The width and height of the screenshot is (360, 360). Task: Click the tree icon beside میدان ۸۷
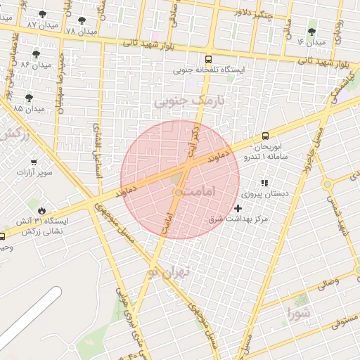[43, 14]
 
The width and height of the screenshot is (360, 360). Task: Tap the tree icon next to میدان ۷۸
[82, 21]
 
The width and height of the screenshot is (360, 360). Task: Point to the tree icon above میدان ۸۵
[29, 98]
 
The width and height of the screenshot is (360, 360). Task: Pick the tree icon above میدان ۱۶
[311, 32]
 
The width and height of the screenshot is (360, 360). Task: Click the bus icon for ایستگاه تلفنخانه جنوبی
[208, 59]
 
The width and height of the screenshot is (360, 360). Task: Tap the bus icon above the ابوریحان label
[265, 136]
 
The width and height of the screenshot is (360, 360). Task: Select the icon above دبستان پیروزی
[264, 183]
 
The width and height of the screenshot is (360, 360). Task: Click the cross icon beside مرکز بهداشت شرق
[238, 208]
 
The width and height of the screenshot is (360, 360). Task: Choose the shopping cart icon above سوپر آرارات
[33, 162]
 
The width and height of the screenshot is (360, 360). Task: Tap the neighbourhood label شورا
[297, 311]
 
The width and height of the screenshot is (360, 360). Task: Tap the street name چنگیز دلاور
[252, 13]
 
